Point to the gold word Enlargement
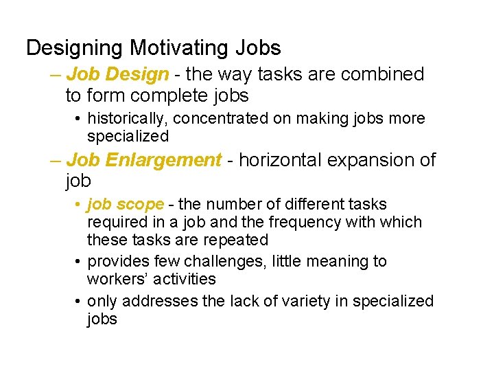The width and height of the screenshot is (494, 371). [164, 161]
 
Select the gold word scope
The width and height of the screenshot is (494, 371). [144, 205]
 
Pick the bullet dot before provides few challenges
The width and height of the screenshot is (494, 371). [80, 262]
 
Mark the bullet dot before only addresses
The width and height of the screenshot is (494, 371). [80, 302]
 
